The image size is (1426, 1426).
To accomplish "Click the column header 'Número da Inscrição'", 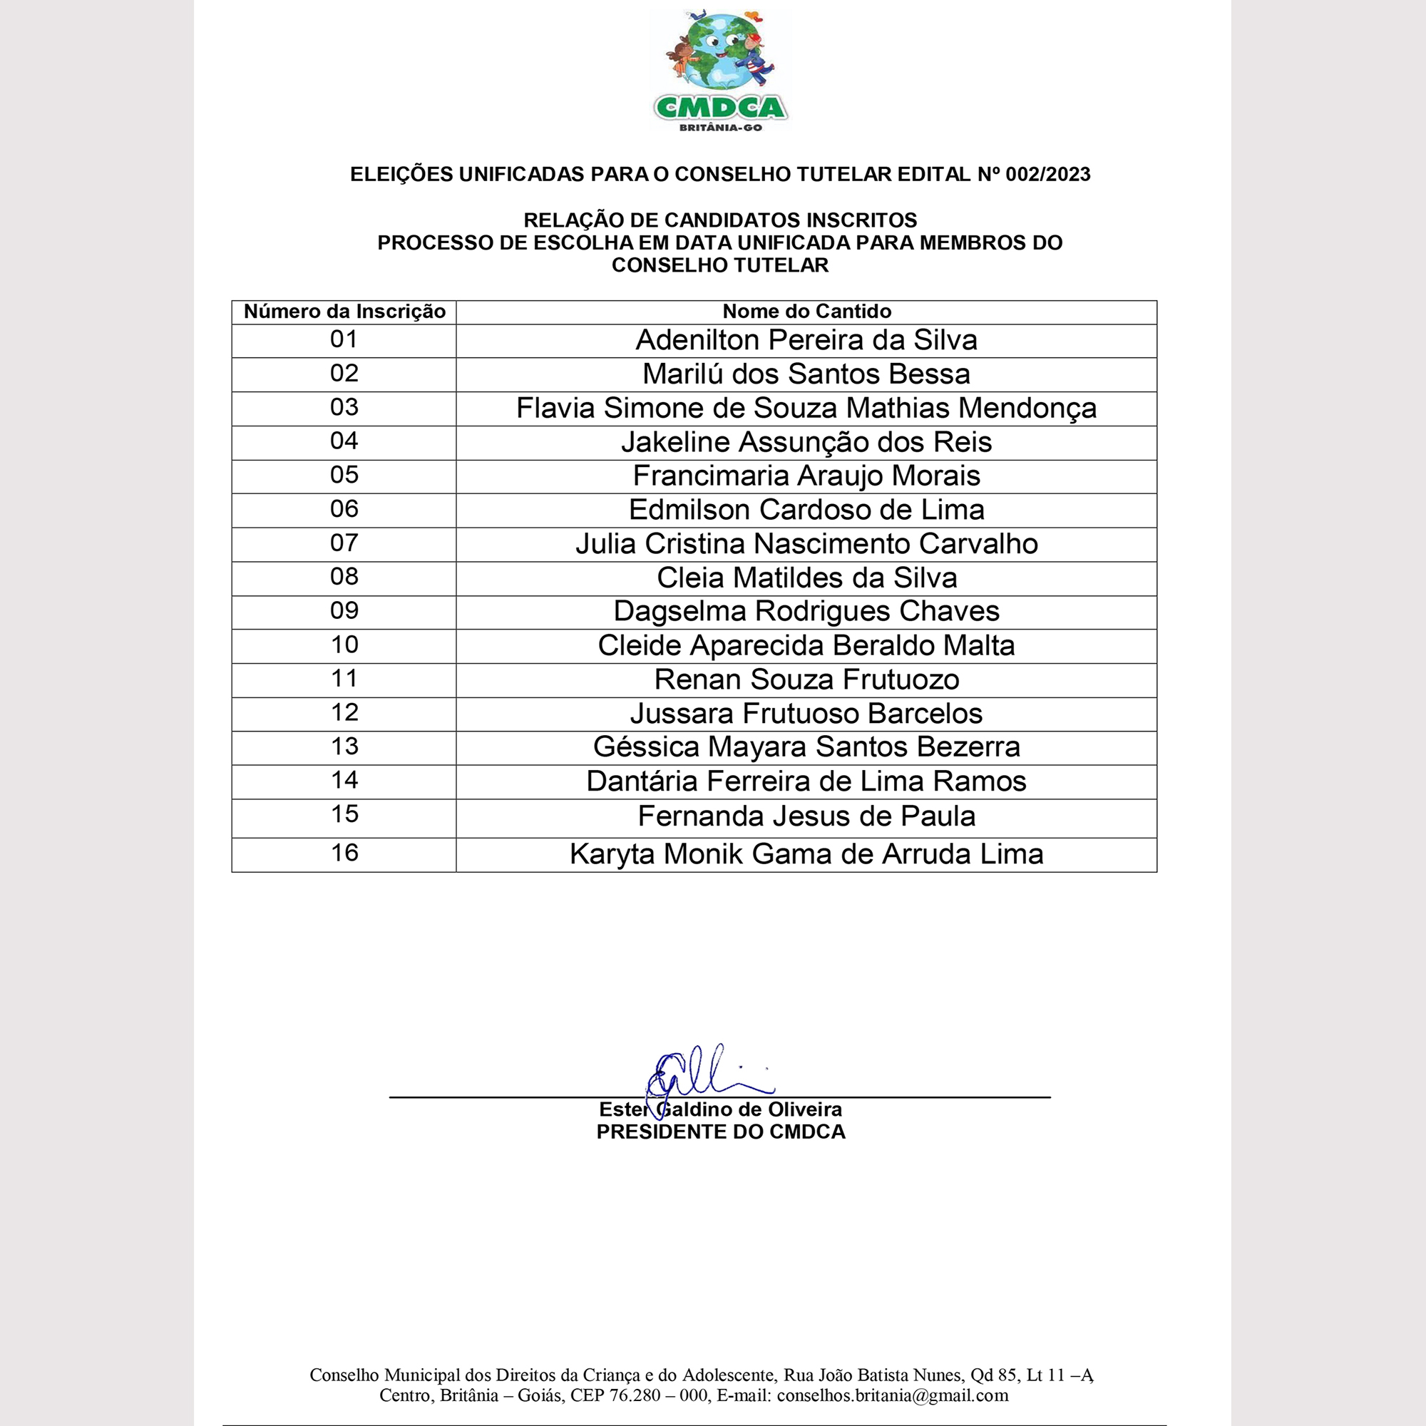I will click(x=344, y=312).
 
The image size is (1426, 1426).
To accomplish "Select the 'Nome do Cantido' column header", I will click(x=806, y=312).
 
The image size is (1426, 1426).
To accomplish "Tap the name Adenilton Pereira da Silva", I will click(x=806, y=340).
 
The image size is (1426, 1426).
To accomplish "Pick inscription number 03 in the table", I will click(x=344, y=407).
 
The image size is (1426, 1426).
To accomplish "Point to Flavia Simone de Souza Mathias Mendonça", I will click(x=806, y=408).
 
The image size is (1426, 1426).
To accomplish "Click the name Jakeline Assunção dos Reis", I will click(x=806, y=442).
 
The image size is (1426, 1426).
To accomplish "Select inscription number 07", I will click(x=344, y=543).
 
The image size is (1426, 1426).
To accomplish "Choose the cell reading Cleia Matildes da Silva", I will click(x=806, y=578).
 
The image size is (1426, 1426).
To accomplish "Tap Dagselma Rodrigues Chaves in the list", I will click(x=806, y=611).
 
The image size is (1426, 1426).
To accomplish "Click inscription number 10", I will click(x=344, y=645).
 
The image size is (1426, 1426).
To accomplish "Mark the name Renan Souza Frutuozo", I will click(x=806, y=679).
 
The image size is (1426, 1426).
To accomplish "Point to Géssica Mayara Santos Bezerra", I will click(x=806, y=747).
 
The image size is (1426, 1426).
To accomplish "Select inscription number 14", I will click(x=344, y=781).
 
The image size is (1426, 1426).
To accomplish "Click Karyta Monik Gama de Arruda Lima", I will click(x=806, y=854).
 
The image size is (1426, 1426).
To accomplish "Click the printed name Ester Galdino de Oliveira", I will click(x=719, y=1110).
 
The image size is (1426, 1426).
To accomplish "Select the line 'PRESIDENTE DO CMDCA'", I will click(x=720, y=1132).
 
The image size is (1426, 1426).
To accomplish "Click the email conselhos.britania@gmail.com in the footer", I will click(x=893, y=1396).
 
